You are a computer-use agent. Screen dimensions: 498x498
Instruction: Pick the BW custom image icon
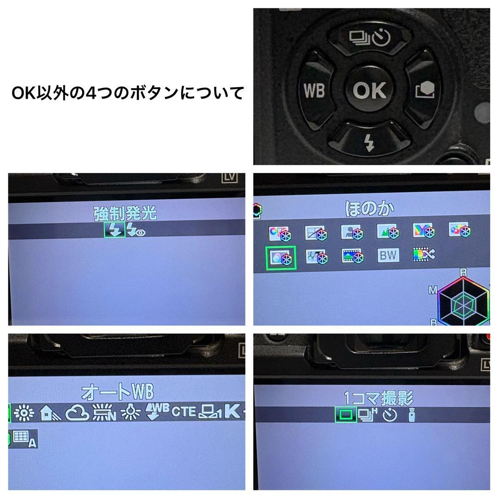[387, 255]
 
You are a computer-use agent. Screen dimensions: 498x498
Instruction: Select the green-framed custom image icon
[281, 258]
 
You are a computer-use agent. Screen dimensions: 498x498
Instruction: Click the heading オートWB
[117, 392]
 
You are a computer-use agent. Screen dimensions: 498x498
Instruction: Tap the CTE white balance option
[184, 411]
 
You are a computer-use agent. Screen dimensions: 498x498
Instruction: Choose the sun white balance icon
[24, 413]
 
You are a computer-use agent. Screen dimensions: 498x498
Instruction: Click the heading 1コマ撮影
[379, 397]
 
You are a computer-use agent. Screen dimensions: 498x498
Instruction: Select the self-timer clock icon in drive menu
[390, 415]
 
